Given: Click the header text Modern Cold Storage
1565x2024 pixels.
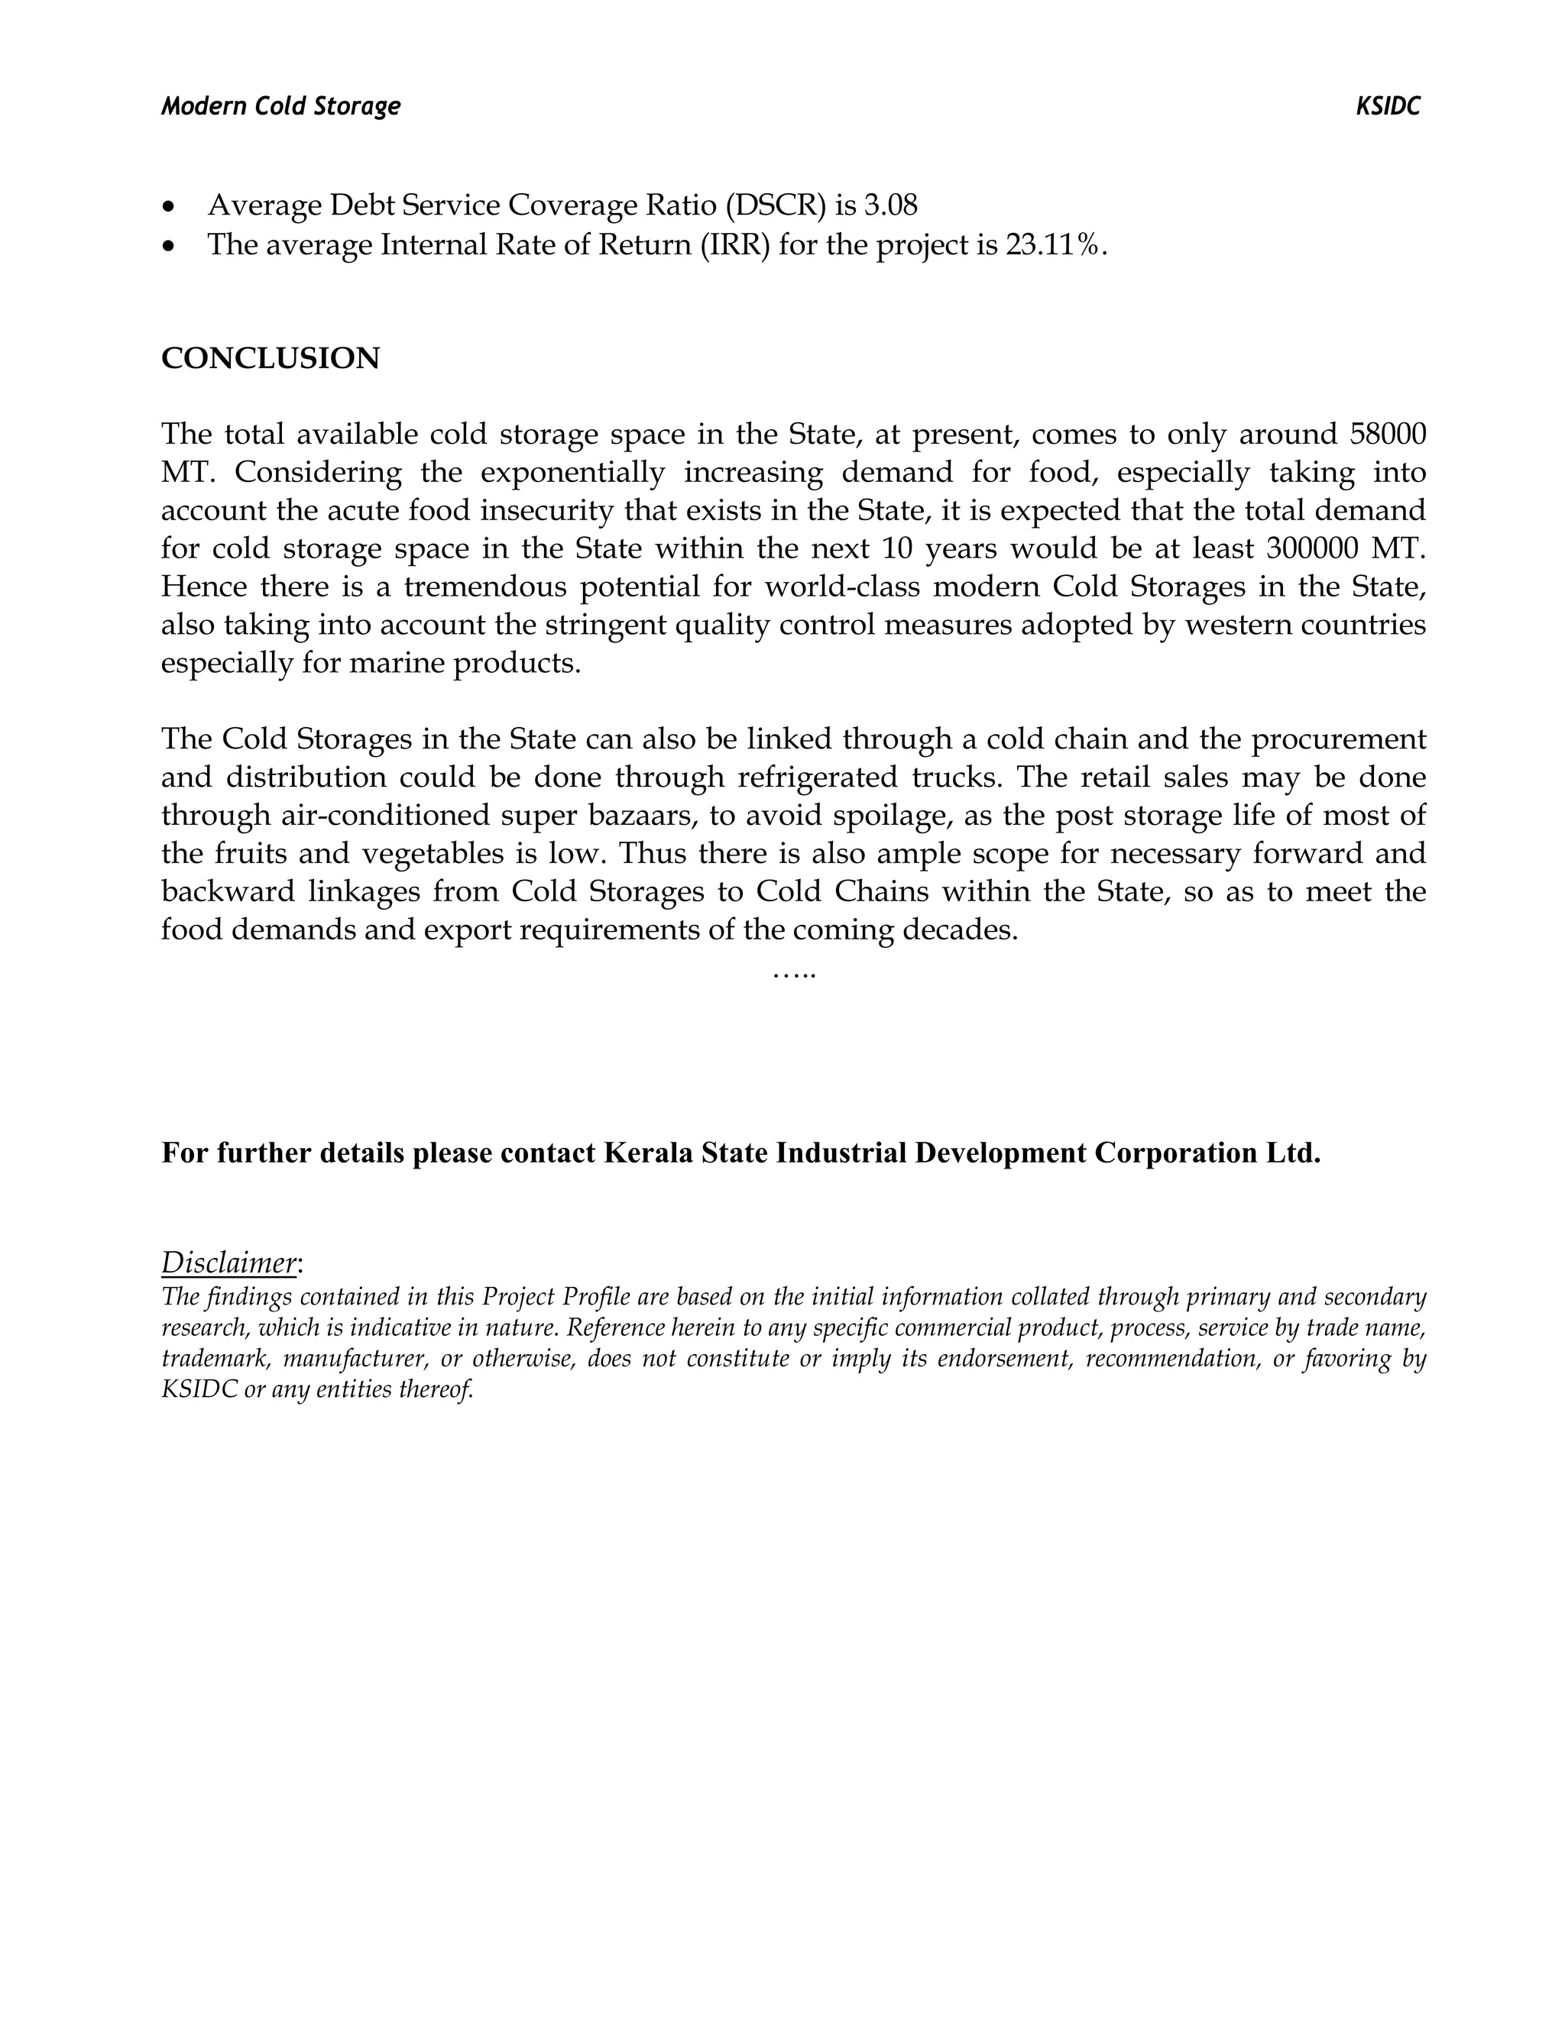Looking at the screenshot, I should click(281, 107).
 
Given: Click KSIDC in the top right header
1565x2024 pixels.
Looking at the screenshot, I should click(1387, 107).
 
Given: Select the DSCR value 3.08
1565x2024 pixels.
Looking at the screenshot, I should click(890, 205).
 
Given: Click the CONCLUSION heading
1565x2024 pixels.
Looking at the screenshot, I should click(270, 359).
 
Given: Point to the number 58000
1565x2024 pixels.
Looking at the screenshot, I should click(1388, 434).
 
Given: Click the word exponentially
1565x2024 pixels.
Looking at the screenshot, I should click(572, 473).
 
